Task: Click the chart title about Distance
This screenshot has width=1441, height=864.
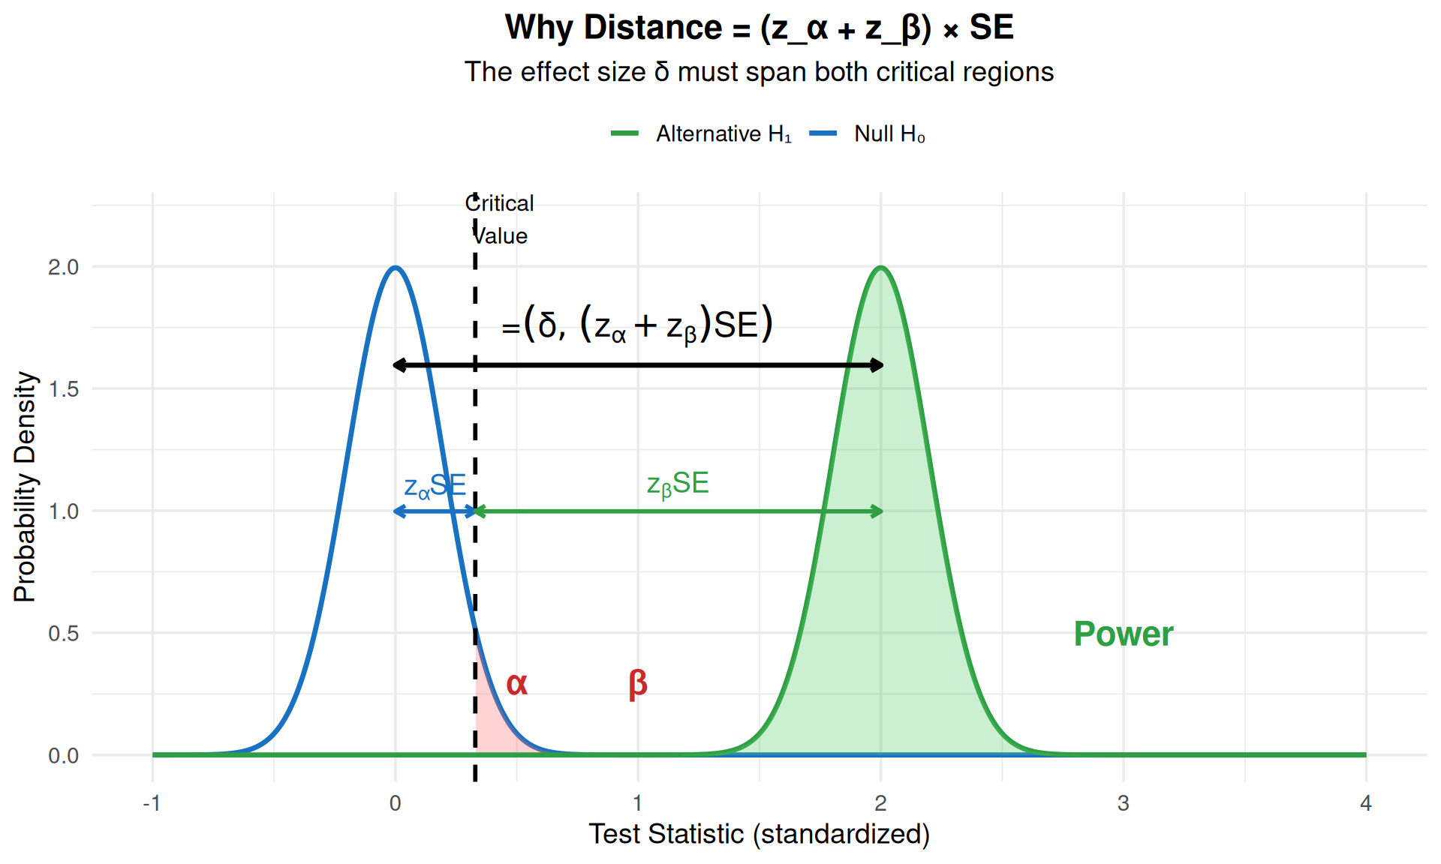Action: click(759, 28)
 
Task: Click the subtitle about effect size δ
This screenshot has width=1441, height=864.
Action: click(759, 72)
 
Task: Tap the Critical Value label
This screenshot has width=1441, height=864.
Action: click(500, 219)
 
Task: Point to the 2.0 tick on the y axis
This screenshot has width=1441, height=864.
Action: click(63, 267)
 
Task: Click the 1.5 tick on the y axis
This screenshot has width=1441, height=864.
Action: click(63, 389)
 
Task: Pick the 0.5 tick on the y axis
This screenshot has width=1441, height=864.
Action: click(63, 634)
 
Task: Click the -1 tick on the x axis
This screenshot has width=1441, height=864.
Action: click(152, 804)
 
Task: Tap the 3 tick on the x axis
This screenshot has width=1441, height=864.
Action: click(1123, 804)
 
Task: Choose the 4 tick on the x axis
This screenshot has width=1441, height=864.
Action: click(1365, 804)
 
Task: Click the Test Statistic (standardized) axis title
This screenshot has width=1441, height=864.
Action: click(759, 834)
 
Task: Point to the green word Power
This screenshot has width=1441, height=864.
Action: click(1123, 634)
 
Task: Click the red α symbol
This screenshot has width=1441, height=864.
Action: click(517, 684)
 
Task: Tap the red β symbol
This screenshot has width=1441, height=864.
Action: click(638, 684)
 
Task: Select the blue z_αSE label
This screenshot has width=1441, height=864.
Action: click(435, 486)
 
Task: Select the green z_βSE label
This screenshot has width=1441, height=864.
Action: click(678, 484)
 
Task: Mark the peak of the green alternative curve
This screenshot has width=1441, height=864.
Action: click(881, 268)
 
